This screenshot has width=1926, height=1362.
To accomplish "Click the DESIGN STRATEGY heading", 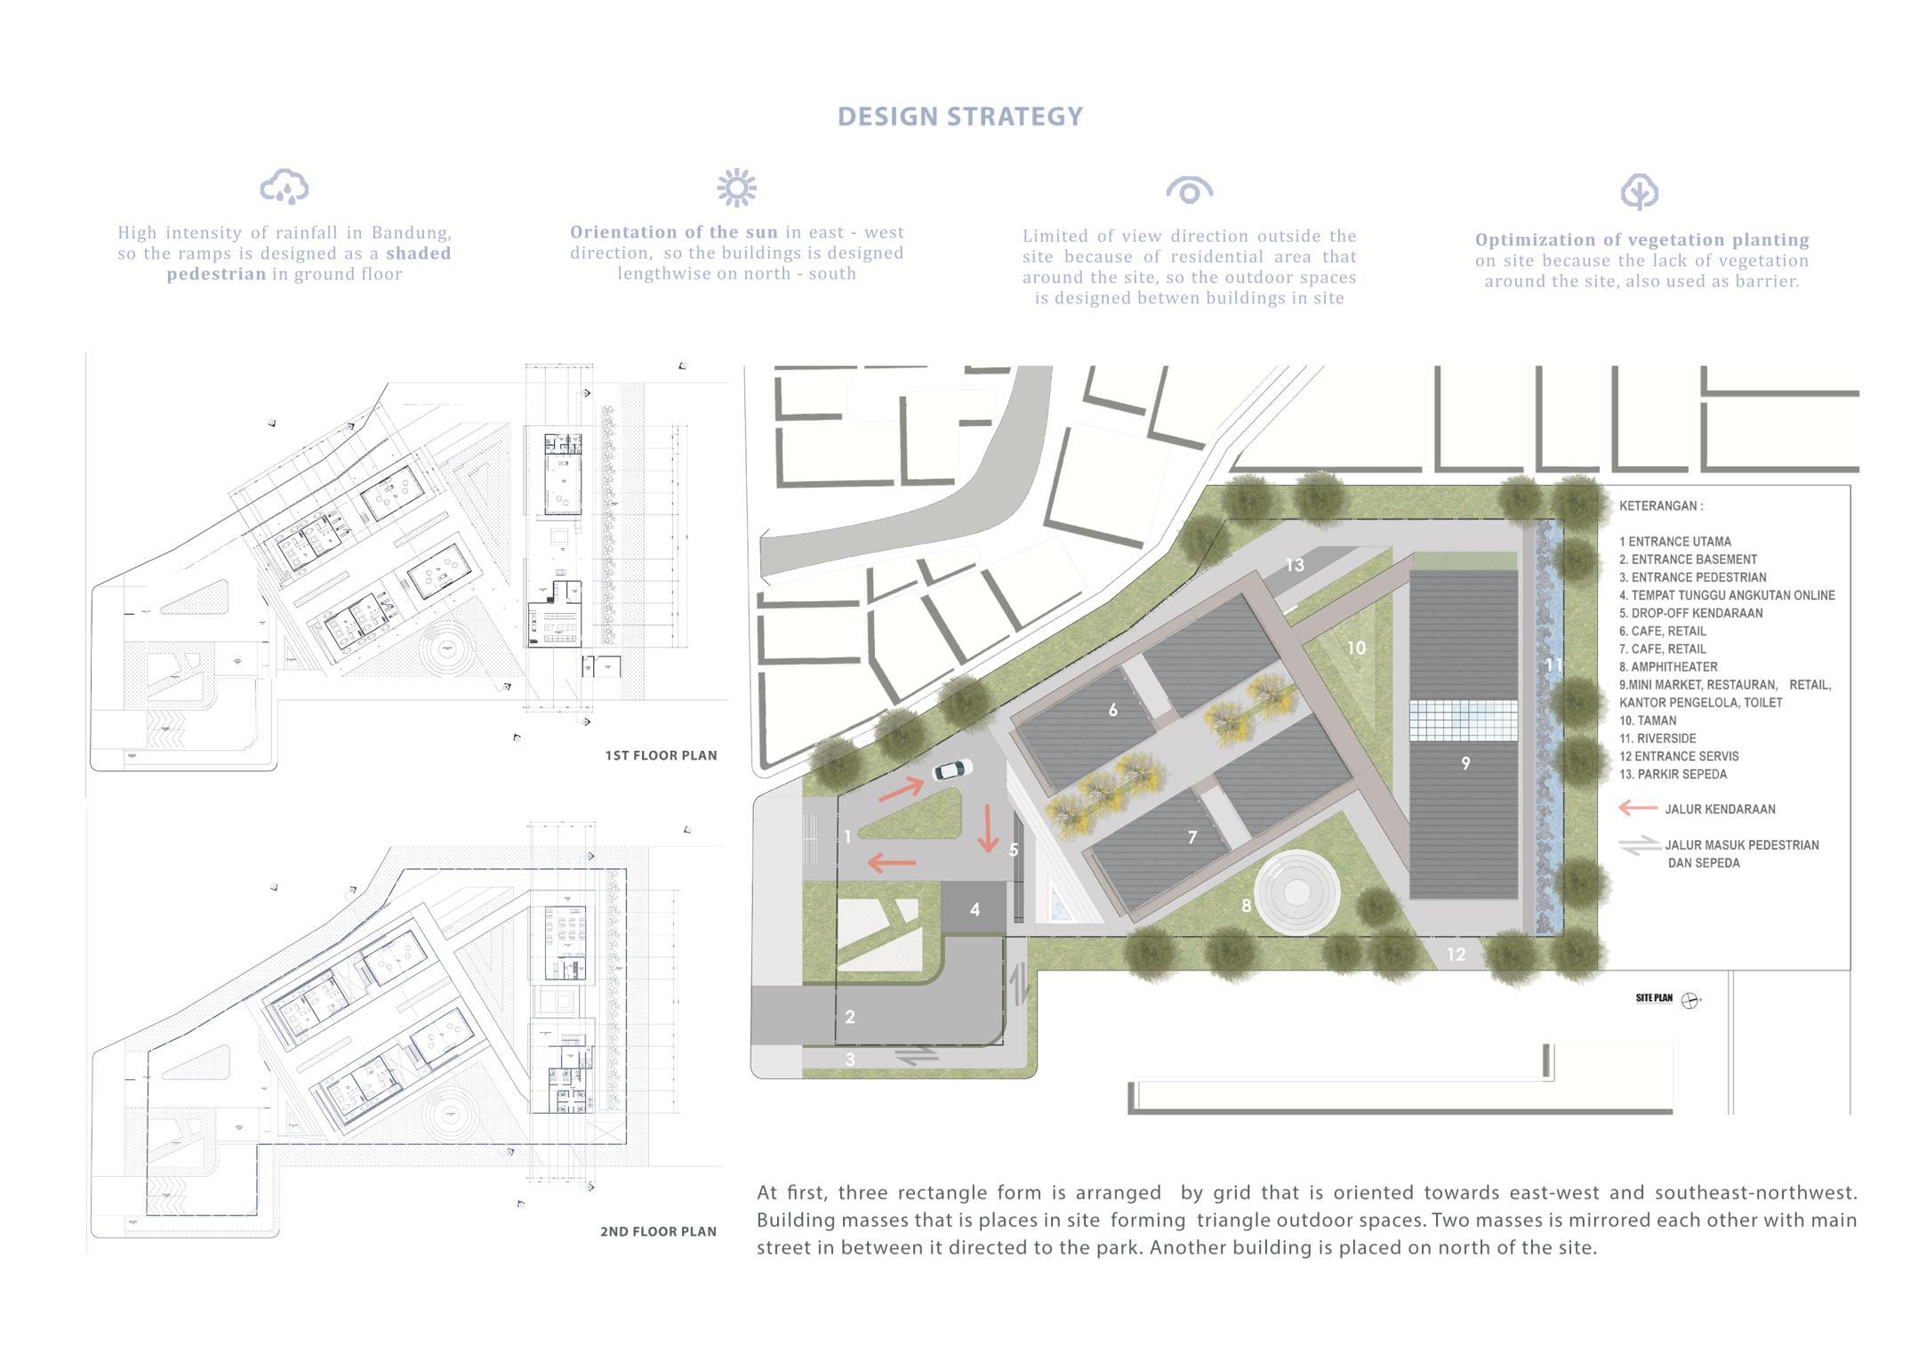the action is (x=959, y=117).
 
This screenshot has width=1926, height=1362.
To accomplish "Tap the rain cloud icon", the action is (x=285, y=187).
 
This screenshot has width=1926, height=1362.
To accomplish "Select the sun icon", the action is (x=736, y=188).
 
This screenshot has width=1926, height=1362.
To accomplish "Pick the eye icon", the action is (x=1189, y=190).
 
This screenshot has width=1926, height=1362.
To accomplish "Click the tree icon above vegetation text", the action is (x=1639, y=191).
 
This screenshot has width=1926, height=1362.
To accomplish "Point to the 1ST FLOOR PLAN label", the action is (x=661, y=755).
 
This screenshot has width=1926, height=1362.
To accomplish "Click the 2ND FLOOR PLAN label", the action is (x=658, y=1231).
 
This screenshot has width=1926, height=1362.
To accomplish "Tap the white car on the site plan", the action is (x=951, y=769).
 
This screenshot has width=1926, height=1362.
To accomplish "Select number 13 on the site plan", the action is (x=1295, y=564).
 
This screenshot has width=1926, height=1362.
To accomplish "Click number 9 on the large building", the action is (x=1465, y=762).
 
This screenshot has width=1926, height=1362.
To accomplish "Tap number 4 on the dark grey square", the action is (x=975, y=909).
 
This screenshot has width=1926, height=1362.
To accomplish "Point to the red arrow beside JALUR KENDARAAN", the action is (x=1637, y=808).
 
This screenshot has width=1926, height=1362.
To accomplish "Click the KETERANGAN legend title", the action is (x=1660, y=505).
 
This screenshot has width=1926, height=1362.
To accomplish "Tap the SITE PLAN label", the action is (x=1654, y=998).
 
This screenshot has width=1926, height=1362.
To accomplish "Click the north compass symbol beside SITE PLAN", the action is (x=1689, y=1000).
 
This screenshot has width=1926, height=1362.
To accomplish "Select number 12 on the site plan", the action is (x=1456, y=954).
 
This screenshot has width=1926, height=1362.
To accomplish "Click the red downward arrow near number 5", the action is (x=988, y=828).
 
